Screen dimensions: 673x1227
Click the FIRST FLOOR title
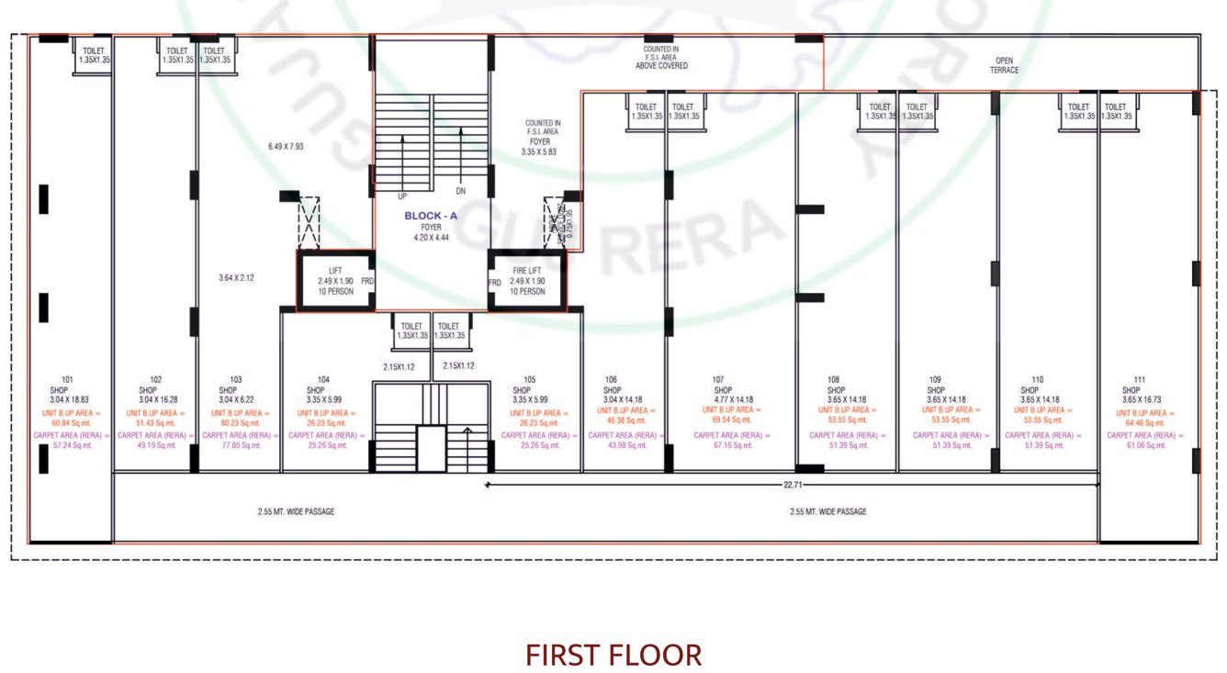(x=613, y=655)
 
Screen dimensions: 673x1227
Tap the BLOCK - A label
(x=431, y=217)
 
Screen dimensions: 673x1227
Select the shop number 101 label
(x=66, y=379)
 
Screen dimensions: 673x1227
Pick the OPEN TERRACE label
(x=1005, y=65)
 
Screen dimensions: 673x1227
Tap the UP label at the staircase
(x=402, y=196)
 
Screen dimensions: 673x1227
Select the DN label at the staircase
(x=461, y=192)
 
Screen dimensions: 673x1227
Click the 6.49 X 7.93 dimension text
(x=286, y=146)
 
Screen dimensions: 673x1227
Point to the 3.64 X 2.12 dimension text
(x=236, y=278)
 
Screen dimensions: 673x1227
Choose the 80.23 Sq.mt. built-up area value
(x=236, y=423)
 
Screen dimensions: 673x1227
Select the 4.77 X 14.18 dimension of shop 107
(x=732, y=400)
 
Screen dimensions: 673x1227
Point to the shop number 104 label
(x=323, y=379)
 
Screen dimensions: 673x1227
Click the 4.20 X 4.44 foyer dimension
(x=431, y=237)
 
